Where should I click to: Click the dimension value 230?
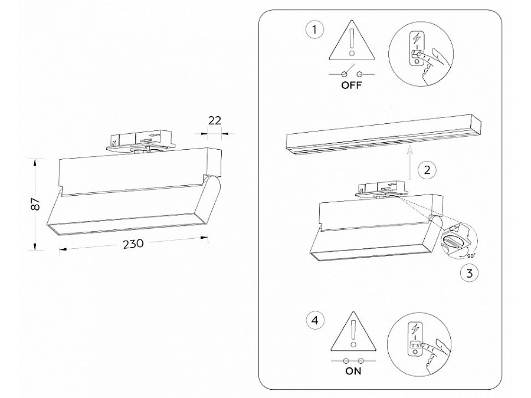coord(135,243)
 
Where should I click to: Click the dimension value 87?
coord(35,204)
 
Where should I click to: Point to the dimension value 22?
coord(215,120)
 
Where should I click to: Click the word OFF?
coord(352,85)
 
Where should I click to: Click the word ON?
coord(352,371)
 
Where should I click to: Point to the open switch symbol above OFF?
coord(352,73)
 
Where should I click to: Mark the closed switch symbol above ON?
coord(352,359)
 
